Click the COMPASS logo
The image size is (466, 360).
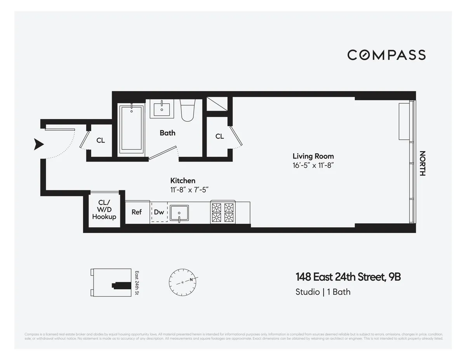[x=386, y=55]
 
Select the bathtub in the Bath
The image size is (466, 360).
[x=132, y=128]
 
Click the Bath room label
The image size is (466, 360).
[x=167, y=133]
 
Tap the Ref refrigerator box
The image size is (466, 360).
[x=137, y=212]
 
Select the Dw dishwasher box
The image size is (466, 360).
[x=159, y=212]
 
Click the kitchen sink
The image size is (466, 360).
[x=179, y=213]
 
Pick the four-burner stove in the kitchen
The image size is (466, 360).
[x=223, y=212]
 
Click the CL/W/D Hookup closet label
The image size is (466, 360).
[x=104, y=210]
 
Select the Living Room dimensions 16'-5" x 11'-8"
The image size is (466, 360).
[x=313, y=165]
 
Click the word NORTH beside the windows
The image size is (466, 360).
[x=423, y=163]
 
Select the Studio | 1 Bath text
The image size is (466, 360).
[x=323, y=292]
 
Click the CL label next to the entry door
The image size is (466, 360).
[x=101, y=141]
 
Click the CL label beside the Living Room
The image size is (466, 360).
[x=219, y=136]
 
